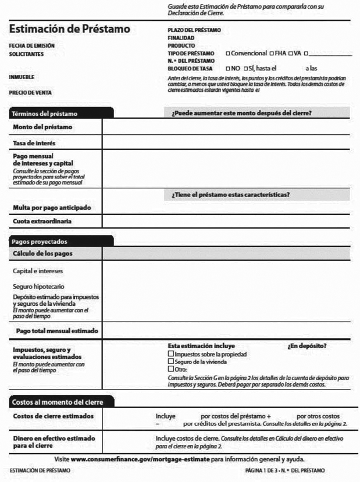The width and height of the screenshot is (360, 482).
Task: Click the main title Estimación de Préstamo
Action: click(x=70, y=29)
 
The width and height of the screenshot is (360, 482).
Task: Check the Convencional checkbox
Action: click(x=227, y=53)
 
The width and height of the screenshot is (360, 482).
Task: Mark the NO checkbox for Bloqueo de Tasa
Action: click(x=227, y=68)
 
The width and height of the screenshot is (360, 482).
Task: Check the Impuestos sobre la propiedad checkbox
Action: click(x=170, y=354)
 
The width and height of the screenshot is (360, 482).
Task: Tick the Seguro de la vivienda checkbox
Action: click(x=170, y=361)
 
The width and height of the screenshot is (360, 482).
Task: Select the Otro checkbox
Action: click(x=170, y=369)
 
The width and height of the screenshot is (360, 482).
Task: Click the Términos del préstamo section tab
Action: click(x=45, y=113)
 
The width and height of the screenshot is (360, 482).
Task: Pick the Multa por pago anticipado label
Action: click(x=52, y=208)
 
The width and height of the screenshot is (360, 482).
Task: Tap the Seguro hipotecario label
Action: click(x=38, y=287)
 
